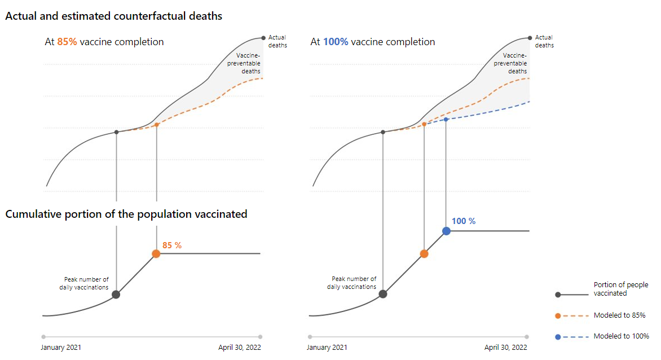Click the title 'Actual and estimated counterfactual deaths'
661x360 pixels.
tap(114, 16)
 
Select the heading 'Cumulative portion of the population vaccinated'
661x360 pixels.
tap(126, 214)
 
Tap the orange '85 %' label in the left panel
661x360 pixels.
tap(172, 245)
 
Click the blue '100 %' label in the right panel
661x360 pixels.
tap(464, 221)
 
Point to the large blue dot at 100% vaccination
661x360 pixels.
tap(446, 231)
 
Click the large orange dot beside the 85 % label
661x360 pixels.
tap(156, 254)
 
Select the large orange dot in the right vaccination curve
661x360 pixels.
tap(424, 254)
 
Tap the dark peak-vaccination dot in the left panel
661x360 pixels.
tap(116, 294)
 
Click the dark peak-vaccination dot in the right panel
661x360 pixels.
tap(383, 294)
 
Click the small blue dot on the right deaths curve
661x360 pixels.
tap(446, 119)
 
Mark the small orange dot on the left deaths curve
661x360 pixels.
tap(156, 124)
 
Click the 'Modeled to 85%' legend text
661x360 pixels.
tap(619, 315)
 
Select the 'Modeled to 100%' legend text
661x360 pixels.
tap(621, 336)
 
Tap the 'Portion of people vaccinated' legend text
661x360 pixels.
tap(620, 289)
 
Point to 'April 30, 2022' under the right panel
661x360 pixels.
tap(506, 348)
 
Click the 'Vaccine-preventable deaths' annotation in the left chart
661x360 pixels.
tap(248, 63)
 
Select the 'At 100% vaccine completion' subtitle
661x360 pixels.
tap(373, 42)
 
